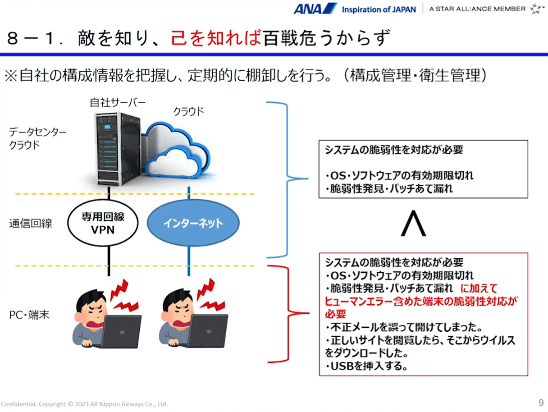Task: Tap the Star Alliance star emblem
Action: pos(537,9)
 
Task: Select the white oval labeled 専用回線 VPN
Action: pos(96,223)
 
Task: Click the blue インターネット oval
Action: pos(193,223)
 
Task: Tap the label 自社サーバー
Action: pos(117,103)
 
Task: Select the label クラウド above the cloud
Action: pos(189,111)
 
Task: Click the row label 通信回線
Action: pos(31,223)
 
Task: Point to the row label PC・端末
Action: pos(29,315)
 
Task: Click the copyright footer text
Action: pos(84,404)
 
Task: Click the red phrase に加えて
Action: pos(479,288)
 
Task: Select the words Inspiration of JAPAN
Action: pos(379,9)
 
